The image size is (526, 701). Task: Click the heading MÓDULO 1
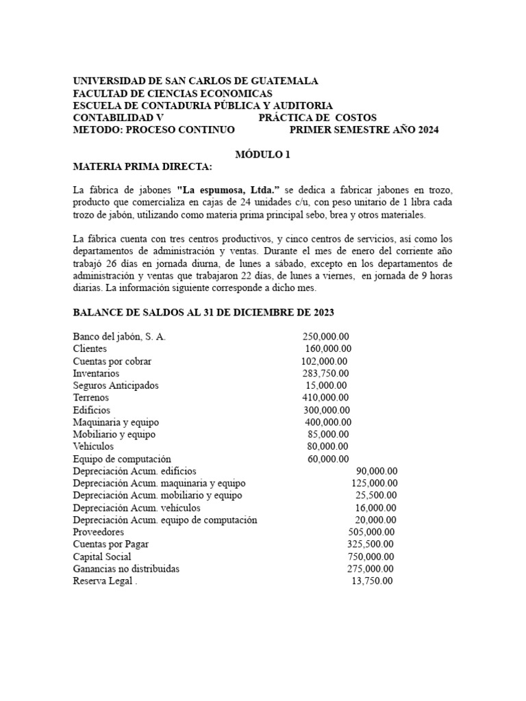[x=263, y=155]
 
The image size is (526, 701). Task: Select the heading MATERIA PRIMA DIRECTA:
[x=143, y=166]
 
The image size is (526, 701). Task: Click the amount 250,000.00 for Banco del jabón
[x=325, y=337]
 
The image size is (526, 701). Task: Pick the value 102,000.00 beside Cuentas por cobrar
[x=324, y=361]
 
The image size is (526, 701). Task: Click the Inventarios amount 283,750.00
[x=325, y=374]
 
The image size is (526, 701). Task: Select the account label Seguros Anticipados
[x=116, y=385]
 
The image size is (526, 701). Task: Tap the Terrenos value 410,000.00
[x=325, y=398]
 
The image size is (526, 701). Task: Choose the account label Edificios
[x=92, y=410]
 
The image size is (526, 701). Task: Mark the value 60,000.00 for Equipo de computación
[x=328, y=459]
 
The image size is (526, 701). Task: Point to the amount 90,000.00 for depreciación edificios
[x=377, y=471]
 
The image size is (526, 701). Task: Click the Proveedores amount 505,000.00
[x=371, y=532]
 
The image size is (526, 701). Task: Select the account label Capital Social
[x=102, y=557]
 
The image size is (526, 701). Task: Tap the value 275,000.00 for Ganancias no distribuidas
[x=371, y=569]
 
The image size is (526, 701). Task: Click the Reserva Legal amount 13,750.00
[x=373, y=581]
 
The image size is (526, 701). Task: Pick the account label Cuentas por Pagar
[x=111, y=544]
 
